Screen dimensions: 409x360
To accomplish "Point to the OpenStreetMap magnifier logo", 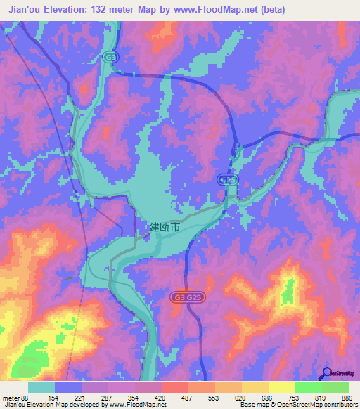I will coord(326,374).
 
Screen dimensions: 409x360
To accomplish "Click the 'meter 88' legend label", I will coord(14,398).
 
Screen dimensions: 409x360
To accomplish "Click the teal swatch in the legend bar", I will coord(41,387).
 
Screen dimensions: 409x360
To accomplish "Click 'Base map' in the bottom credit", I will coord(252,405).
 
